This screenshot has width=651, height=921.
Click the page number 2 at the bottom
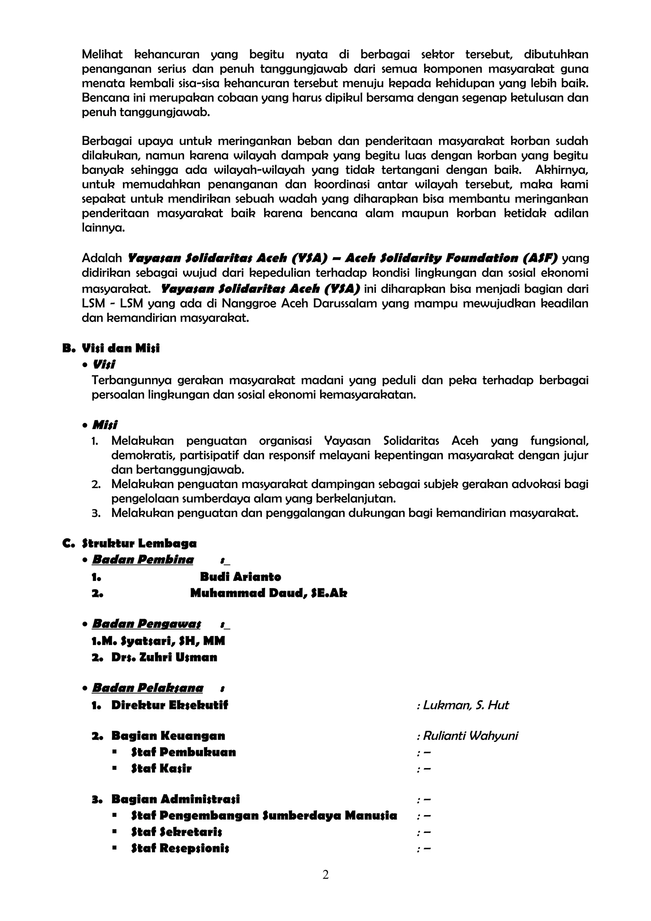coord(325,875)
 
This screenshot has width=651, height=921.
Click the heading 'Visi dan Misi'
coord(120,348)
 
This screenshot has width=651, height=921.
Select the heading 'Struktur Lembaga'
coord(139,543)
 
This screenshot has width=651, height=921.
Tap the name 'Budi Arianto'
coord(240,577)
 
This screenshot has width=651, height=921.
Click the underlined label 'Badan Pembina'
coord(143,560)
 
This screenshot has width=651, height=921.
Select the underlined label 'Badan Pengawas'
coord(147,624)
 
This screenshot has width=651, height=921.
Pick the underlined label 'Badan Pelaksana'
coord(147,688)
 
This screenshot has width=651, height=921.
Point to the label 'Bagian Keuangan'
coord(168,736)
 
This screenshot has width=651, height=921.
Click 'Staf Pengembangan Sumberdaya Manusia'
coord(264,815)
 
